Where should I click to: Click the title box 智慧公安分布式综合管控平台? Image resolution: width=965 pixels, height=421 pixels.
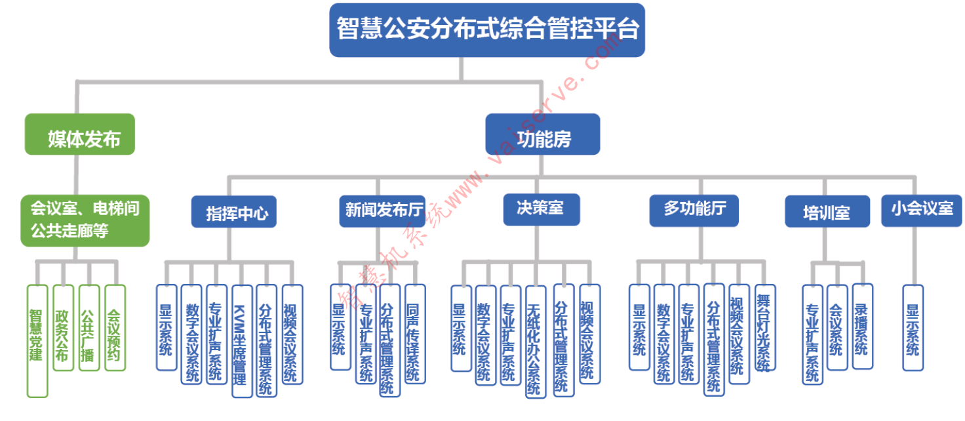[x=487, y=30]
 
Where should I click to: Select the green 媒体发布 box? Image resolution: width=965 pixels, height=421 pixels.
[x=80, y=134]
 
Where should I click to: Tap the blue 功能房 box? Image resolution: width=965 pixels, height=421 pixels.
[x=542, y=134]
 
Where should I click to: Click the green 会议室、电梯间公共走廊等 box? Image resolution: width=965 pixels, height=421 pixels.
[x=85, y=220]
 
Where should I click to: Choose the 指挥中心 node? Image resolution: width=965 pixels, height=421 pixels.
[x=234, y=212]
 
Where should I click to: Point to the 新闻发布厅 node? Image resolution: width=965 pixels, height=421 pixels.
[x=382, y=211]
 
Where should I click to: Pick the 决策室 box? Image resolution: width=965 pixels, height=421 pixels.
[x=542, y=210]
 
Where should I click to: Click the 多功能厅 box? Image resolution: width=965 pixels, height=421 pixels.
[x=694, y=210]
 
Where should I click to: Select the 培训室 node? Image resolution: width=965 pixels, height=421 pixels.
[x=827, y=212]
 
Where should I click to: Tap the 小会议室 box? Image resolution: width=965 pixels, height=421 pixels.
[x=921, y=210]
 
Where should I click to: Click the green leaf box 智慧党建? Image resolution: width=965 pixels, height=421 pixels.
[x=37, y=340]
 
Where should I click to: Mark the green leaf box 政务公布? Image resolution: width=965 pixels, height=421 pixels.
[x=62, y=327]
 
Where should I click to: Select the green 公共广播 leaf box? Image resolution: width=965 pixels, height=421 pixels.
[x=89, y=327]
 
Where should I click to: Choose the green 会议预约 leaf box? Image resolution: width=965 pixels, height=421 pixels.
[x=115, y=327]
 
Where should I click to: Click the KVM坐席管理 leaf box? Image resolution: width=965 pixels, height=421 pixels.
[x=242, y=340]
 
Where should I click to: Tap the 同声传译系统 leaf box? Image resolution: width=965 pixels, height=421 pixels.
[x=415, y=333]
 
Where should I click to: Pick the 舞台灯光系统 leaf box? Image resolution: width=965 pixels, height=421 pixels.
[x=765, y=327]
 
